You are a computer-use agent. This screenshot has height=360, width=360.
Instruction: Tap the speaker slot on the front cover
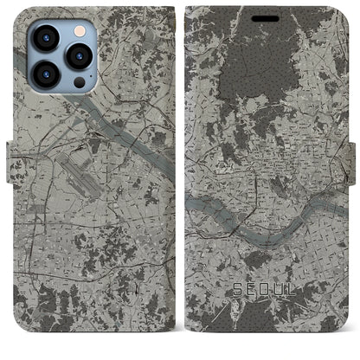[270, 16]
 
